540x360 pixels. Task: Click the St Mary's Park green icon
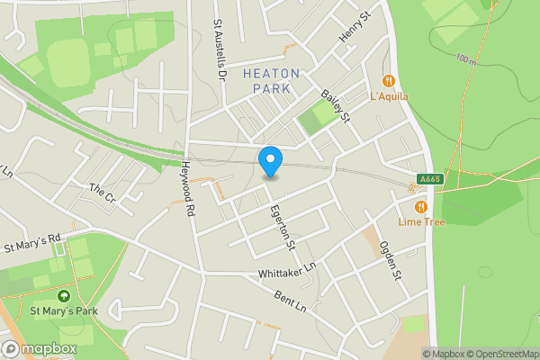(x=64, y=296)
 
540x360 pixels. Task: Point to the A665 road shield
(x=429, y=179)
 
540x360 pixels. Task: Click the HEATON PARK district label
(x=271, y=80)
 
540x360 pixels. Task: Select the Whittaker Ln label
(x=287, y=267)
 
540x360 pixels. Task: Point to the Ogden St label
(x=389, y=260)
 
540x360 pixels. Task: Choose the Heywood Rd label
(x=188, y=177)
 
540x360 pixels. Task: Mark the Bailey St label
(x=336, y=106)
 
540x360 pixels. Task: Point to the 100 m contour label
(x=465, y=60)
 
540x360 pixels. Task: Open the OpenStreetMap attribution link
(x=499, y=354)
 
